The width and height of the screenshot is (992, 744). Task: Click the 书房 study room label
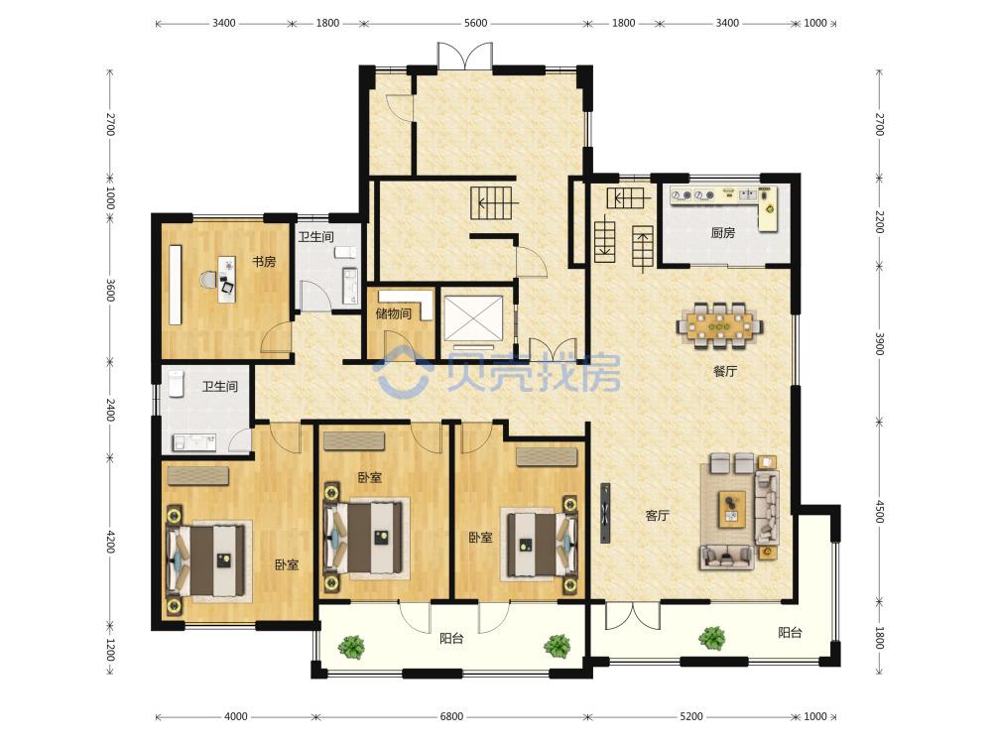264,261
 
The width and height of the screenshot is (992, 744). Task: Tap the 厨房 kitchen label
722,233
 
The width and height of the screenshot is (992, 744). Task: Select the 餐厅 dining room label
725,371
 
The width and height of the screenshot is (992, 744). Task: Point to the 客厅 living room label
657,516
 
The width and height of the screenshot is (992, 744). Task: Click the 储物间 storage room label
394,313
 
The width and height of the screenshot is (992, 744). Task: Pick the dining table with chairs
720,325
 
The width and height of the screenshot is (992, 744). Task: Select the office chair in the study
207,279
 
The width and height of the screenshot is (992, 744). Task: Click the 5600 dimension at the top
476,24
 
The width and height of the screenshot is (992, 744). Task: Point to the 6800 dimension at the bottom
451,716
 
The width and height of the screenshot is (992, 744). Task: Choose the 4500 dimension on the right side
879,511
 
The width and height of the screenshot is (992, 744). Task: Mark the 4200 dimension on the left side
110,543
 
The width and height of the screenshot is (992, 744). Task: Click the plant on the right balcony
713,638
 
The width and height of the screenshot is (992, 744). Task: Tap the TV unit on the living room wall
605,513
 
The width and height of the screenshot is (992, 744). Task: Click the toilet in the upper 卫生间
345,253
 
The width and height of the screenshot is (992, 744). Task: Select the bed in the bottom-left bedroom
206,560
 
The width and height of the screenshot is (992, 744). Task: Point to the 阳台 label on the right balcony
790,632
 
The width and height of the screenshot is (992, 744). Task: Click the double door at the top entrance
465,56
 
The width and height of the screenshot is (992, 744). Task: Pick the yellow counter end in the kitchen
769,209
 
